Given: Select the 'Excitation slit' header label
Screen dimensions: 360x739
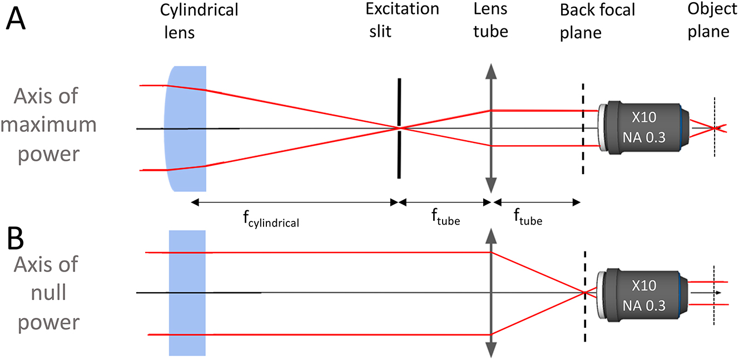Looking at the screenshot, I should (x=402, y=20).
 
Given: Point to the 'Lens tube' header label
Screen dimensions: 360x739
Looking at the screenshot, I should (x=490, y=20).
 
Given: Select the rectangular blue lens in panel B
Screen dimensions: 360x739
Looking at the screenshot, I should (x=187, y=293).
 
